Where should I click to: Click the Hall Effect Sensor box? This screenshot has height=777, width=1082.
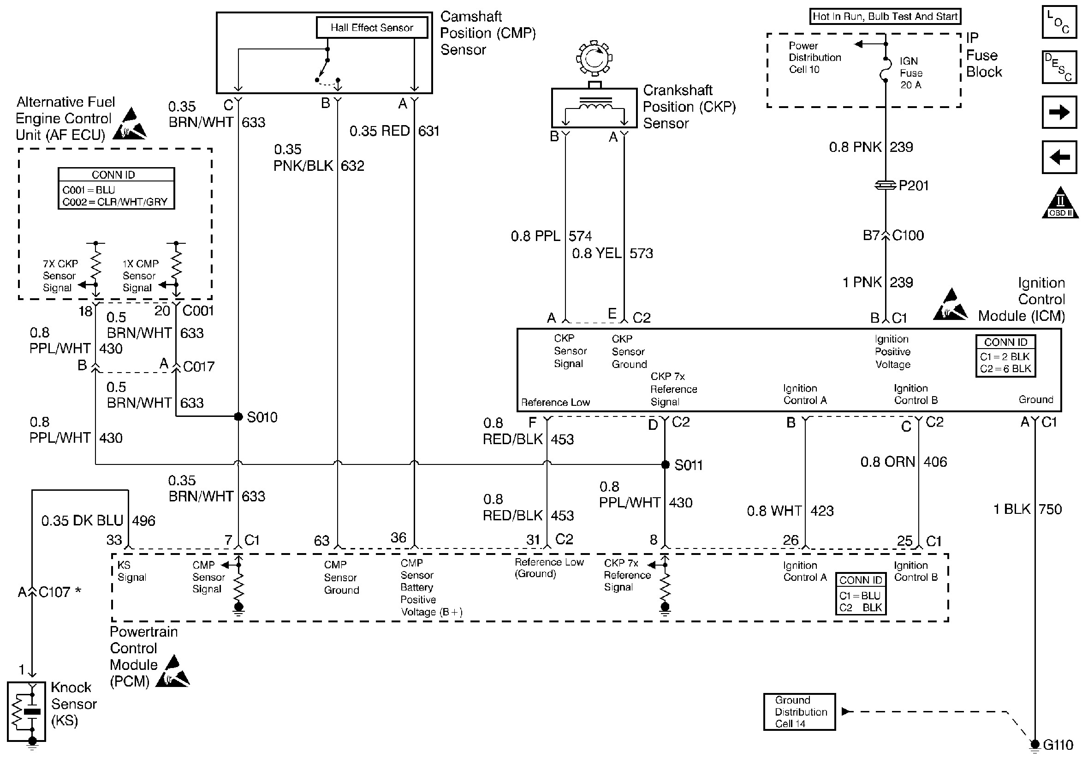[x=372, y=28]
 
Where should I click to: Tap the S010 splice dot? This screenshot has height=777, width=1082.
[x=238, y=416]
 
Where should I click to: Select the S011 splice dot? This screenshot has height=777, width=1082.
[x=665, y=464]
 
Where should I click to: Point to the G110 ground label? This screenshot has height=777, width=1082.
[x=1058, y=745]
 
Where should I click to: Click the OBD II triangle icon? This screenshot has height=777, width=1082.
[x=1059, y=203]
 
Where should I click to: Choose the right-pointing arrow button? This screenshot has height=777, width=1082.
[x=1059, y=112]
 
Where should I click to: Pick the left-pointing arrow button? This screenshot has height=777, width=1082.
[x=1059, y=157]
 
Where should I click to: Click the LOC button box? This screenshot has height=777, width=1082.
[x=1059, y=22]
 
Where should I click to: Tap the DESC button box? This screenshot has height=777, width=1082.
[x=1059, y=67]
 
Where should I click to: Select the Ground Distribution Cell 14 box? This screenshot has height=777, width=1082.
[x=799, y=711]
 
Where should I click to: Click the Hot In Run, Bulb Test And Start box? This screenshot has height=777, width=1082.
[x=885, y=16]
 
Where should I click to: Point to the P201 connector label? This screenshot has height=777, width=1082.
[x=913, y=185]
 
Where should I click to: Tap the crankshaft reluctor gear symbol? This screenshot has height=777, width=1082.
[x=594, y=58]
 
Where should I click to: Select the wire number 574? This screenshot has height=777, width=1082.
[x=580, y=236]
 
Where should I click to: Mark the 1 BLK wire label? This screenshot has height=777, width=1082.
[x=1012, y=509]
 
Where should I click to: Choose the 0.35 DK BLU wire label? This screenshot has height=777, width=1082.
[x=82, y=521]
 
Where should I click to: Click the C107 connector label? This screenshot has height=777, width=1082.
[x=54, y=592]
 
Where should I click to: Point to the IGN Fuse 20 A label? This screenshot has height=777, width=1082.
[x=911, y=73]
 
